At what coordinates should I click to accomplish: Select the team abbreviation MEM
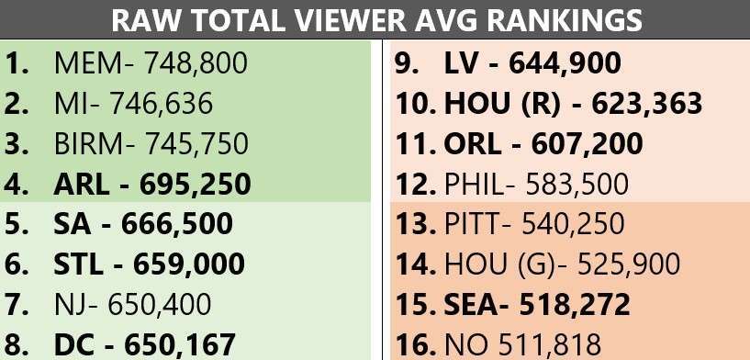tap(87, 63)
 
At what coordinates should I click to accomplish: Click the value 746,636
tap(162, 104)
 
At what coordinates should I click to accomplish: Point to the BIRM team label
tap(88, 144)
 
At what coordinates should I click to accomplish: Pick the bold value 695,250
tap(196, 185)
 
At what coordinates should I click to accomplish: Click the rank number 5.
tap(17, 224)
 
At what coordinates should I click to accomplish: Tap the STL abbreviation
tap(78, 264)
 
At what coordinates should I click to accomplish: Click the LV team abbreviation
tap(460, 63)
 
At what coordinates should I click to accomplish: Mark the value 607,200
tap(587, 144)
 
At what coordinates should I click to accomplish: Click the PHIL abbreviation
tap(474, 185)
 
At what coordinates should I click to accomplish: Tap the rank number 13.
tap(415, 224)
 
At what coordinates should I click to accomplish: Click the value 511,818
tap(550, 344)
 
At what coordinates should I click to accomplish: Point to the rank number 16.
tap(415, 344)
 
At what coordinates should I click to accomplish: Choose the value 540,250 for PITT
tap(573, 224)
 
